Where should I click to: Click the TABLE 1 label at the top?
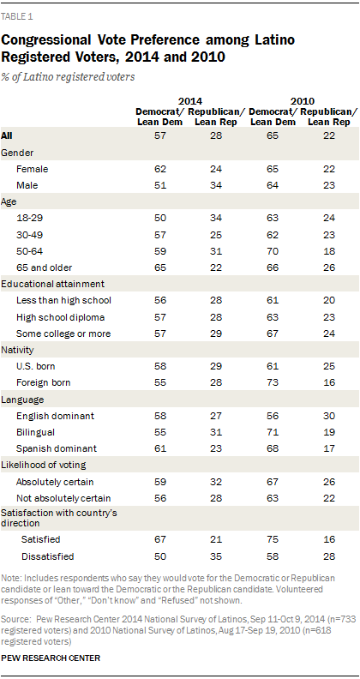pos(17,18)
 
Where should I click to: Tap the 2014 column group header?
pos(190,102)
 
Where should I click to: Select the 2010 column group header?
pos(302,102)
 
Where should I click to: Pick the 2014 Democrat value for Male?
pos(159,186)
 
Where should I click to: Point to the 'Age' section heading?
pos(9,202)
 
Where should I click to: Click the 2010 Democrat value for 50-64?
pos(273,251)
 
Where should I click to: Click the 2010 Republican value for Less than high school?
pos(329,301)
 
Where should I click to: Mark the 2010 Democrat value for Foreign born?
pos(273,383)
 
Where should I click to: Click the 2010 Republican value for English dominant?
pos(329,416)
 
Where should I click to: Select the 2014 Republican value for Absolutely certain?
pos(216,482)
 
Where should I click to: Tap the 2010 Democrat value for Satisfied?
pos(273,539)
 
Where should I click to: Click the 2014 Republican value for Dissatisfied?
pos(216,556)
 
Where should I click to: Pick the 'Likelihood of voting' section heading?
pos(43,465)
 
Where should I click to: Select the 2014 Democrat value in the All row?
pos(159,136)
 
